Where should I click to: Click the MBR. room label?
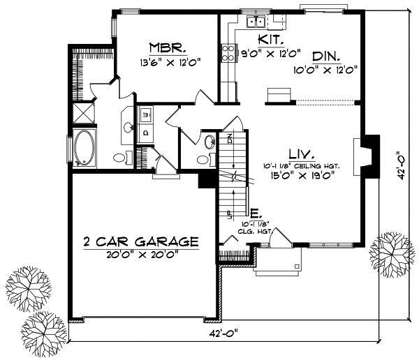166,49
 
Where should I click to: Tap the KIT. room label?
270,39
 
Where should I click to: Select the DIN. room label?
326,57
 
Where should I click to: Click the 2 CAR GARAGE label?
140,242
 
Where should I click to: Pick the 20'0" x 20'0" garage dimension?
140,254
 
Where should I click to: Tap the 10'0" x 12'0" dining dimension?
325,69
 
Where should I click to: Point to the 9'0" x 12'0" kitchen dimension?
269,52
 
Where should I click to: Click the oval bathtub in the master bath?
85,147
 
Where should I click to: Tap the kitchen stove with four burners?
228,52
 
